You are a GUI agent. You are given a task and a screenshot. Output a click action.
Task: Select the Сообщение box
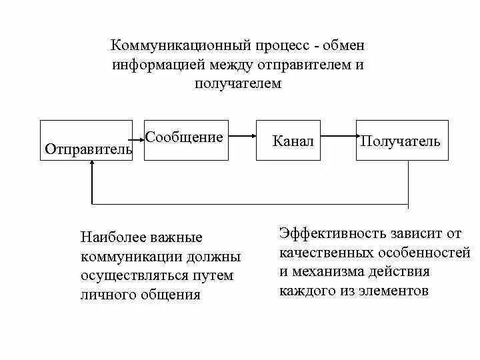pyautogui.click(x=184, y=140)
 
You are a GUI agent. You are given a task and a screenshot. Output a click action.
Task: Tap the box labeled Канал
pyautogui.click(x=293, y=141)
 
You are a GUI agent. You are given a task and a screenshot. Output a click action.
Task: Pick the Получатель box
pyautogui.click(x=402, y=141)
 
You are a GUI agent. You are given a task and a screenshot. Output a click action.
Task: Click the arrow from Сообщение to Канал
pyautogui.click(x=240, y=137)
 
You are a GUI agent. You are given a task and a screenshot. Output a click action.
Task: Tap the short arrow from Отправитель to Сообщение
pyautogui.click(x=139, y=137)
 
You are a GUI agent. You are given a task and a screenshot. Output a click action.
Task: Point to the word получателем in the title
pyautogui.click(x=239, y=84)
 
